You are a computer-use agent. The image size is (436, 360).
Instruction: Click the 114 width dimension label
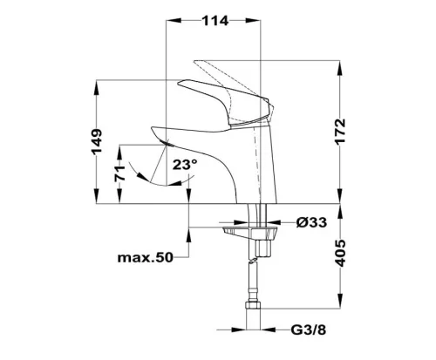click(215, 21)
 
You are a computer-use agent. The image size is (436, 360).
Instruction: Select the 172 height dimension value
click(340, 131)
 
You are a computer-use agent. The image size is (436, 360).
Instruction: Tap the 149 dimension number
click(97, 141)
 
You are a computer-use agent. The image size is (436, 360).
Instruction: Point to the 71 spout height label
click(119, 173)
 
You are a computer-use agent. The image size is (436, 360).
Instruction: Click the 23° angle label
click(185, 165)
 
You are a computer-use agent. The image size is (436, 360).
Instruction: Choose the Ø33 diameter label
click(311, 222)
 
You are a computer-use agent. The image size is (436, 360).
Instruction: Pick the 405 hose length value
click(340, 254)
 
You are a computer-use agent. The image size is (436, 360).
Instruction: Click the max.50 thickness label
click(146, 257)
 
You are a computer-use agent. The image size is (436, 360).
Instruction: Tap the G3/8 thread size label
click(309, 329)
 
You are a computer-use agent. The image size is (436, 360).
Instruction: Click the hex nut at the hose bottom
click(254, 305)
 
